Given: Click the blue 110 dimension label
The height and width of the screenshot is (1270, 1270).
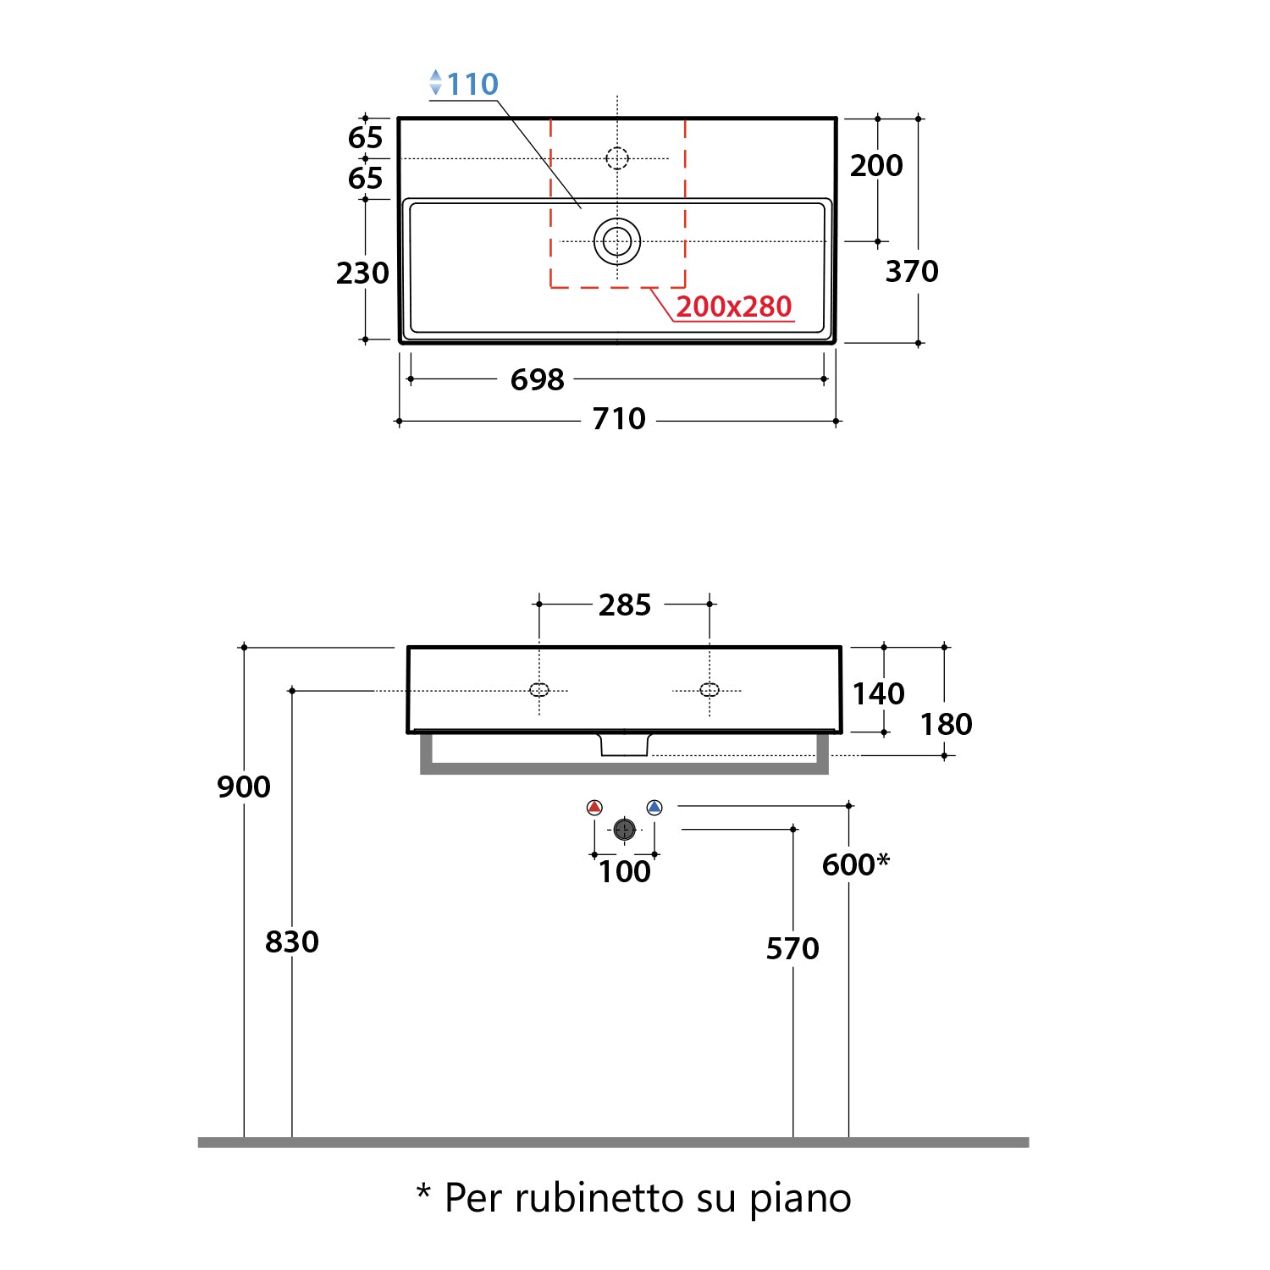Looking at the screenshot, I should coord(472,85).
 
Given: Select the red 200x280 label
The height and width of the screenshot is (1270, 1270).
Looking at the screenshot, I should coord(733,306).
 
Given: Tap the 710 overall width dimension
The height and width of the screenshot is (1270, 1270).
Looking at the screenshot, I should coord(618,418).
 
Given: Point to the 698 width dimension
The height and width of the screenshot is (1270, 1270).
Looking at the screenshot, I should coord(537,379).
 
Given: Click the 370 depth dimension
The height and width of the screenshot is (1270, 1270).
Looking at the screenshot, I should coord(911,271).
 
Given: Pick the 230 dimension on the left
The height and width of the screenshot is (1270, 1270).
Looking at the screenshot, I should coord(362,273).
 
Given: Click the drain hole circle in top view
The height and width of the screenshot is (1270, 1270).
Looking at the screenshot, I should coord(617,242).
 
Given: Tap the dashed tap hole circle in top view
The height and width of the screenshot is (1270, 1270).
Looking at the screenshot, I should coord(617,158).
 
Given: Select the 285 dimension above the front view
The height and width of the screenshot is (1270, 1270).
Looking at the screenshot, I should coord(624,605).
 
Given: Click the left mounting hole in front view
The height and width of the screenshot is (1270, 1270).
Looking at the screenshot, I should coord(539,690).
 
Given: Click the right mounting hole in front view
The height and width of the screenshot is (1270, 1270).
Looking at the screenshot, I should coord(710,690).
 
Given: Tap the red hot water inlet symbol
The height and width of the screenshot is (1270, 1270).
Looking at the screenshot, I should coord(594,808).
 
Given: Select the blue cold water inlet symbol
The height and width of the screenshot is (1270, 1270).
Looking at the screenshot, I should coord(654,808).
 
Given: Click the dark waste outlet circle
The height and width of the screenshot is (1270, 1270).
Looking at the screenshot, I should coord(624,830).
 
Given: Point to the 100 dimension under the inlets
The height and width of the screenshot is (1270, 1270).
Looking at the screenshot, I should coord(624,871).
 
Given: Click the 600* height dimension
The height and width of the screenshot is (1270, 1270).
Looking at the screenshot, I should coord(854,864).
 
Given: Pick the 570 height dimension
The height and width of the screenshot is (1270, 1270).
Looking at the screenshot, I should coord(792,948).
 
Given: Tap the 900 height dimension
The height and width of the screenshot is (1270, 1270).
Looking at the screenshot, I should coord(244,787).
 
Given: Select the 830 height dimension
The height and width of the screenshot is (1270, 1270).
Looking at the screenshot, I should coord(292,941).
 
